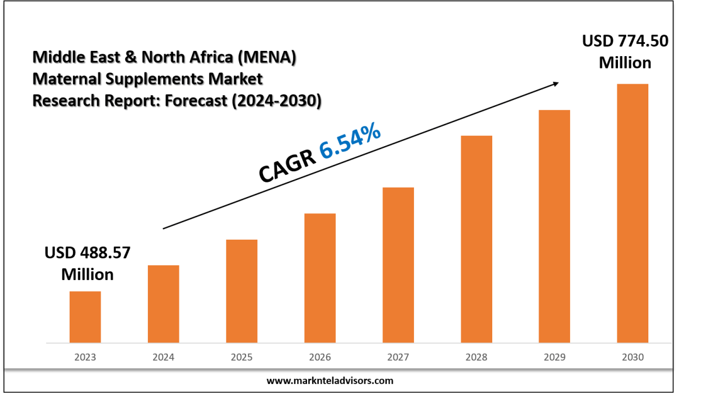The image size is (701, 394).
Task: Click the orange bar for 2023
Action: tap(85, 317)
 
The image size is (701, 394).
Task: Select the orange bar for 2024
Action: tap(163, 304)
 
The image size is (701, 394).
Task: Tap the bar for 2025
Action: tap(241, 291)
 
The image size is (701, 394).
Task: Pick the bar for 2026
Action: tap(320, 278)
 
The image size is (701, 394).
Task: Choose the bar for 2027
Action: tap(398, 265)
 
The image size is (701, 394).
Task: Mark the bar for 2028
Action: tap(476, 239)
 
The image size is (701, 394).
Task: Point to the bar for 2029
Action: tap(554, 226)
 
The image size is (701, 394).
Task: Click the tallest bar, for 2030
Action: tap(633, 213)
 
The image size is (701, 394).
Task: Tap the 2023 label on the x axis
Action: tap(85, 357)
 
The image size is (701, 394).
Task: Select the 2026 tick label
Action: tap(320, 357)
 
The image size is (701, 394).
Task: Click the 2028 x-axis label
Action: tap(476, 357)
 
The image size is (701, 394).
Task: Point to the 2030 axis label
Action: tap(633, 357)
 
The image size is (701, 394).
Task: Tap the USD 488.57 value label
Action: tap(87, 253)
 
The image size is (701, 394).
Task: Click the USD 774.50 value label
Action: tap(624, 42)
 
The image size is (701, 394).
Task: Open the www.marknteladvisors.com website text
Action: tap(330, 381)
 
